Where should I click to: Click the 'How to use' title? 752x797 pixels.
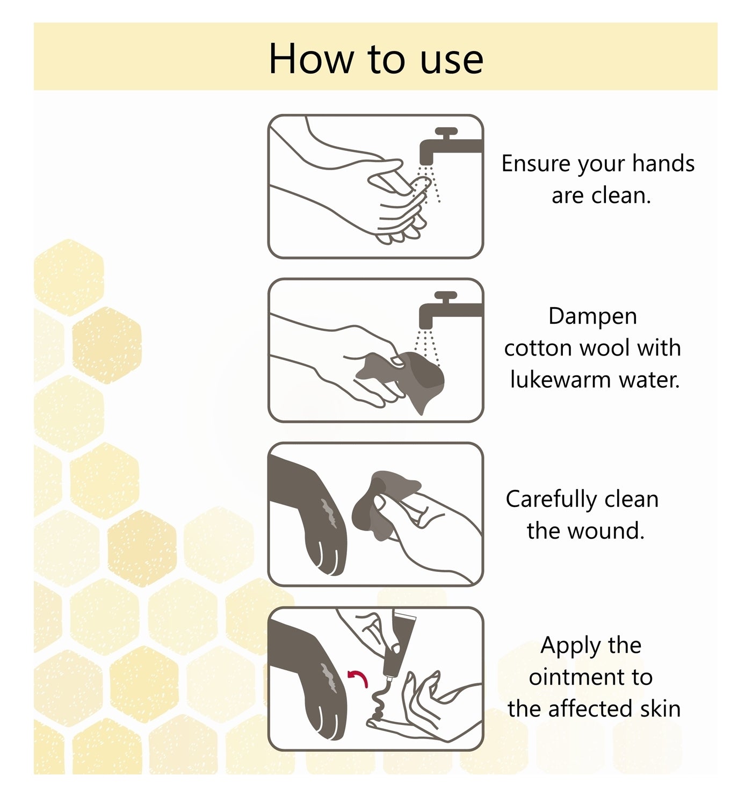pyautogui.click(x=376, y=60)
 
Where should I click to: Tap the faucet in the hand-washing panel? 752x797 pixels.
pyautogui.click(x=450, y=146)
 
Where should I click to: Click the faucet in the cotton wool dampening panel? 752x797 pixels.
pyautogui.click(x=450, y=310)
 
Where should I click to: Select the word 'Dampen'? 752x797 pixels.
pyautogui.click(x=592, y=317)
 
